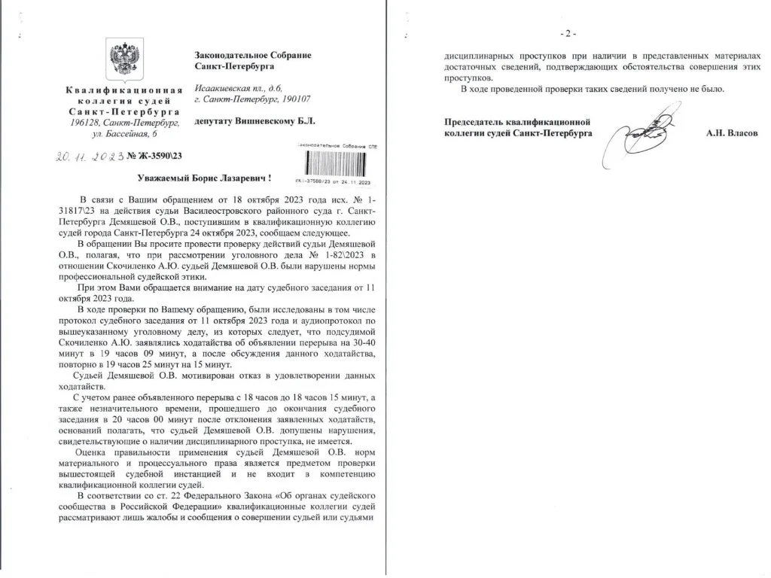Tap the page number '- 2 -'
(567, 34)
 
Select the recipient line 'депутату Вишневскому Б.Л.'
(254, 120)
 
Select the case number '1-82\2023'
(295, 257)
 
